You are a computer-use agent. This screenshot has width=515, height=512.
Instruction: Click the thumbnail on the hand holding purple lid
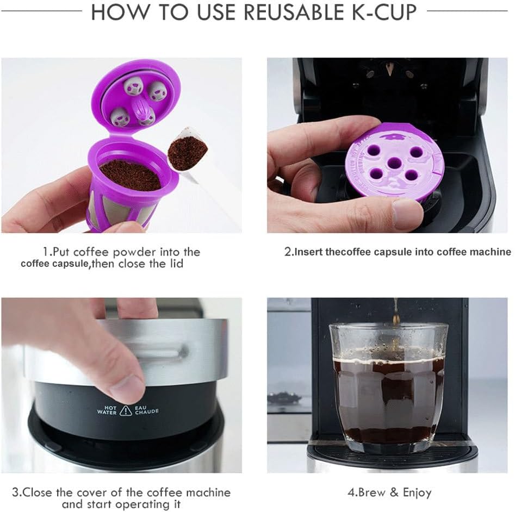click(x=407, y=214)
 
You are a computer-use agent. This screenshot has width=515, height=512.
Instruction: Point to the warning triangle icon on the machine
click(x=126, y=410)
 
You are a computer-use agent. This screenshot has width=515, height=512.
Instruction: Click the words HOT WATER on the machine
click(x=107, y=409)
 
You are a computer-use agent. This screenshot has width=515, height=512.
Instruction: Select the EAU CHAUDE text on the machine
click(x=146, y=409)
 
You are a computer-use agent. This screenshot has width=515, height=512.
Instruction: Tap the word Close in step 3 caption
click(x=38, y=492)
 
